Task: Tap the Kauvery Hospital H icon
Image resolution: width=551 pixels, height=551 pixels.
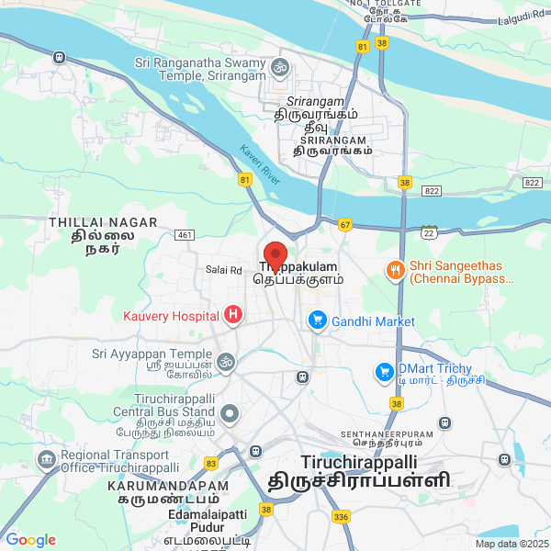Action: tap(233, 316)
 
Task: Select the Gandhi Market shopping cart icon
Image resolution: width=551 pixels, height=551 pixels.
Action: tap(318, 320)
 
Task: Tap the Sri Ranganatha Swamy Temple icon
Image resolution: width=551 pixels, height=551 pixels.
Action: tap(279, 65)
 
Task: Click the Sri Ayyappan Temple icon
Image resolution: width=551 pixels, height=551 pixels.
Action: tap(226, 361)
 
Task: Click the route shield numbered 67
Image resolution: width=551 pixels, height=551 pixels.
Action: tap(345, 224)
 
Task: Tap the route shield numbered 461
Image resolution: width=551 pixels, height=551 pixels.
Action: tap(185, 236)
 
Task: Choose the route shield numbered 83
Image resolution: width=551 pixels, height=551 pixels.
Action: tap(211, 463)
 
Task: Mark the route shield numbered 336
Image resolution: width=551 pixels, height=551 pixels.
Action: tap(342, 517)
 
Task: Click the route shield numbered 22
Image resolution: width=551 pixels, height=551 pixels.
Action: tap(428, 230)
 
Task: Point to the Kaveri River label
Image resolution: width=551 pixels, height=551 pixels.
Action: tap(258, 160)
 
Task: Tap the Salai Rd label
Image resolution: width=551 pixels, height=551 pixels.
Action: tap(223, 270)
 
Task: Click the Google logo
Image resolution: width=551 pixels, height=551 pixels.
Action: tap(30, 540)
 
